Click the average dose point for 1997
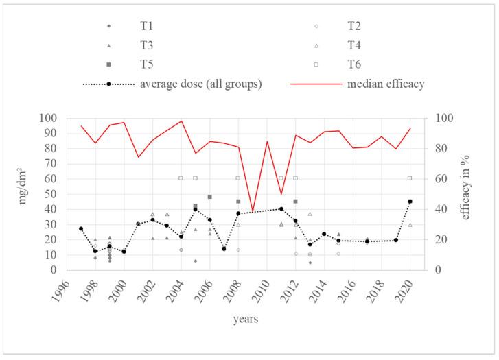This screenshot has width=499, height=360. [x=81, y=228]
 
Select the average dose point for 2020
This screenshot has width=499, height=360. [x=410, y=202]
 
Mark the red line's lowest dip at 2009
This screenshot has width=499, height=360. [x=253, y=211]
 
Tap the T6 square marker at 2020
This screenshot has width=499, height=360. [x=410, y=178]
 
